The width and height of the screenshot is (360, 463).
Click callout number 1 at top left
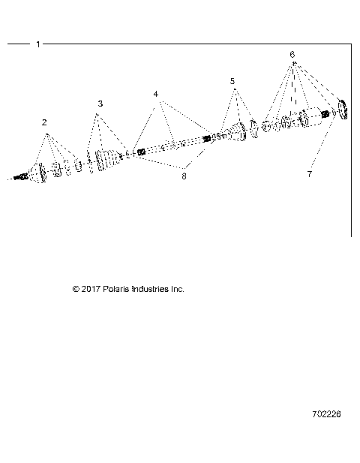click(x=38, y=44)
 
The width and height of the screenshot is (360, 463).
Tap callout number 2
click(x=44, y=122)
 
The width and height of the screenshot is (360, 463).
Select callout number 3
click(x=100, y=103)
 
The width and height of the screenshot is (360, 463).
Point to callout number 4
click(x=156, y=95)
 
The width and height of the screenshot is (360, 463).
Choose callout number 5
click(x=232, y=80)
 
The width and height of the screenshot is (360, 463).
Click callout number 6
click(x=292, y=55)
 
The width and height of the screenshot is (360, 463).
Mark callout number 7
click(x=309, y=173)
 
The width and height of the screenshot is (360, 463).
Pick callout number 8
click(x=183, y=176)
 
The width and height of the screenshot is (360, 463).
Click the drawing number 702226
click(x=328, y=413)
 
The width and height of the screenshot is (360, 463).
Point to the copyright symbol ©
click(x=76, y=289)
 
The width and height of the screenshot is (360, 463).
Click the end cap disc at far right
click(x=343, y=110)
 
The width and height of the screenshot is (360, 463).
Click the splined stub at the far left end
click(x=22, y=177)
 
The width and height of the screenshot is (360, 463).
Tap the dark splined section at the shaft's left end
click(x=140, y=152)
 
